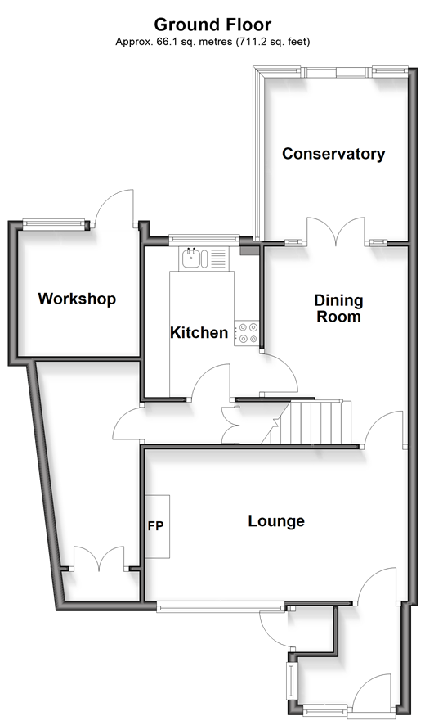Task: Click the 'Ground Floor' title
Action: [212, 24]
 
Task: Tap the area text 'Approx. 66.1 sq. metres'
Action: [174, 42]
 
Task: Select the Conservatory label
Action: [333, 154]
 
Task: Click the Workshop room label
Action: [77, 299]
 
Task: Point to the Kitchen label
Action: [199, 332]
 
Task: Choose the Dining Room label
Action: [338, 308]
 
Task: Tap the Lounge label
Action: [276, 521]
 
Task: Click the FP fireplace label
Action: [156, 525]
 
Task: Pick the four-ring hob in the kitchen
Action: [247, 333]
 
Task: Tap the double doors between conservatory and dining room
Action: [337, 232]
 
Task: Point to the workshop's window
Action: [54, 224]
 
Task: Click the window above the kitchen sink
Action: [204, 239]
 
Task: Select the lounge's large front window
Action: [221, 607]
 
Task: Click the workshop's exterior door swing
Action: [114, 208]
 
